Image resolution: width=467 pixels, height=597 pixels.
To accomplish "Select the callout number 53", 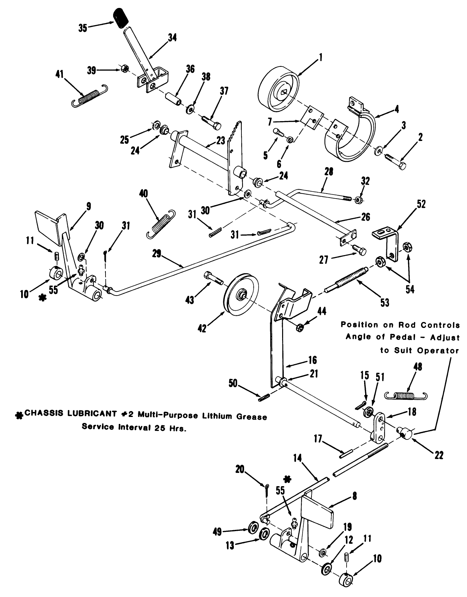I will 384,302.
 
